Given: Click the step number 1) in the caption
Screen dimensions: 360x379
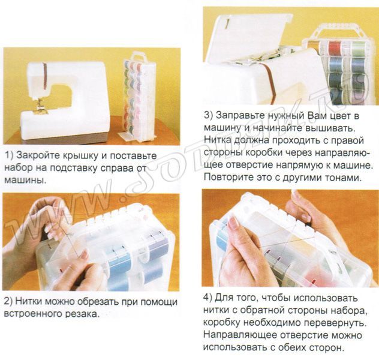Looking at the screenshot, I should tap(8, 155).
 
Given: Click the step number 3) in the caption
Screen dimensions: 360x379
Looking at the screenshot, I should tap(209, 115).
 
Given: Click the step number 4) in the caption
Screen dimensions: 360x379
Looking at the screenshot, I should tap(209, 298).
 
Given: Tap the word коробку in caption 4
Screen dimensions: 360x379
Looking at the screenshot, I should tap(222, 323).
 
